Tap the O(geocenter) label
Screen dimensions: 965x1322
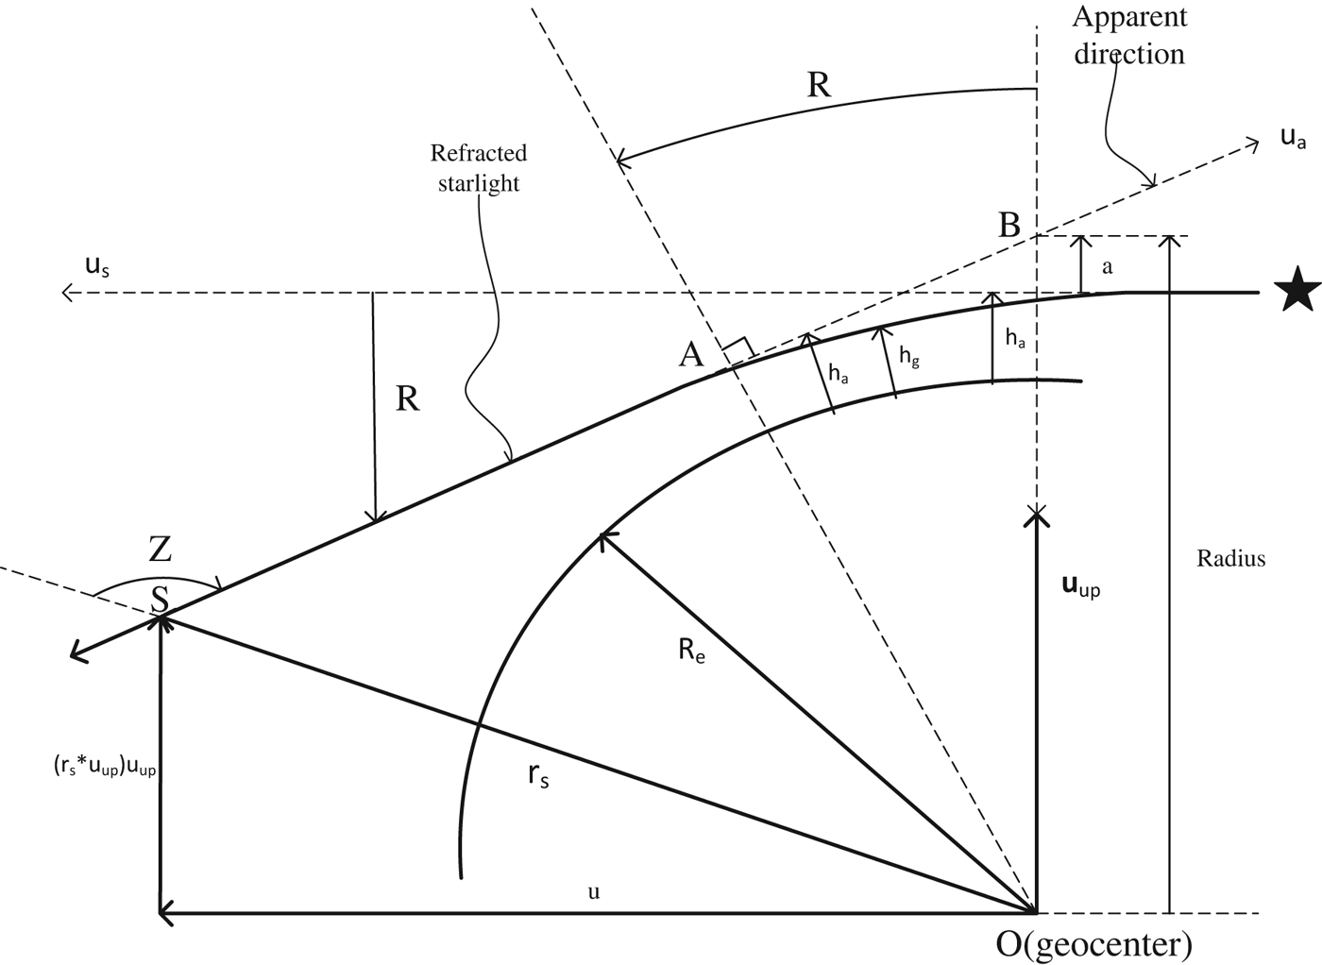pyautogui.click(x=1094, y=943)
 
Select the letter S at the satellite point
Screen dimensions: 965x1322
pyautogui.click(x=161, y=599)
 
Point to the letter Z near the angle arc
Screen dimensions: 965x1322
pyautogui.click(x=161, y=549)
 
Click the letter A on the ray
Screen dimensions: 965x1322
pyautogui.click(x=691, y=354)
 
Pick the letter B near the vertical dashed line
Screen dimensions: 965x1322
pyautogui.click(x=1009, y=226)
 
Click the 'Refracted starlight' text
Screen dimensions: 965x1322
pyautogui.click(x=479, y=167)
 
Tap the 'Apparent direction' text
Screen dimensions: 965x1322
pyautogui.click(x=1129, y=35)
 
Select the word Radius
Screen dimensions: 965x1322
pyautogui.click(x=1231, y=558)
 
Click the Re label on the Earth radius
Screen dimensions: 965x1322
pyautogui.click(x=691, y=652)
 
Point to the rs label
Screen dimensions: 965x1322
pyautogui.click(x=538, y=776)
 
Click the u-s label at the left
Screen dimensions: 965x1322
pyautogui.click(x=97, y=267)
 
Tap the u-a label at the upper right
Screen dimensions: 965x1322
pyautogui.click(x=1293, y=138)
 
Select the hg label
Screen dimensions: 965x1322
pyautogui.click(x=908, y=356)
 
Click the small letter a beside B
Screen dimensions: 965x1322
pyautogui.click(x=1108, y=267)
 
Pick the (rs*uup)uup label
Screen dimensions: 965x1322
pyautogui.click(x=104, y=768)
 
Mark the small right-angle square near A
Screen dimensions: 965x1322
pyautogui.click(x=738, y=347)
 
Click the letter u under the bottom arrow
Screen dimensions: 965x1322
pyautogui.click(x=593, y=891)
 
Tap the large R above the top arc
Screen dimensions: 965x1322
pyautogui.click(x=819, y=86)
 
